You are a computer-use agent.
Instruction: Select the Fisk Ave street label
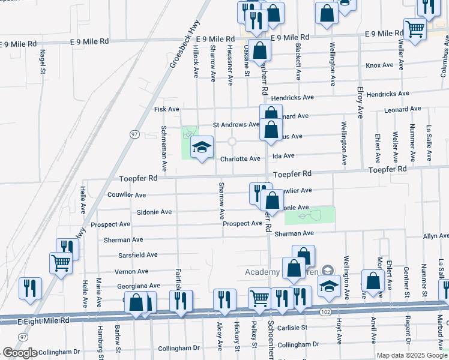tap(167, 109)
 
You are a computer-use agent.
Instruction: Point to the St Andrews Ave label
tap(236, 125)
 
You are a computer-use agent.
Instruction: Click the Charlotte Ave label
tap(240, 159)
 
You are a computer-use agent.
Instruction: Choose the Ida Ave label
tap(283, 155)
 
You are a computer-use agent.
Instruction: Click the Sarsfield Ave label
tap(139, 254)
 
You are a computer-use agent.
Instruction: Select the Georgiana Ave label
tap(138, 286)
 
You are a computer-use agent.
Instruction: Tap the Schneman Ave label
tap(163, 147)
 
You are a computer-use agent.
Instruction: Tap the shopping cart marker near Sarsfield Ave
tap(61, 262)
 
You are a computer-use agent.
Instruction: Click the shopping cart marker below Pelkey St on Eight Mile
tap(259, 298)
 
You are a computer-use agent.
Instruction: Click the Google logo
tap(20, 353)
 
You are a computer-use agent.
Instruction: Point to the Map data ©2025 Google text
tap(411, 355)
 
